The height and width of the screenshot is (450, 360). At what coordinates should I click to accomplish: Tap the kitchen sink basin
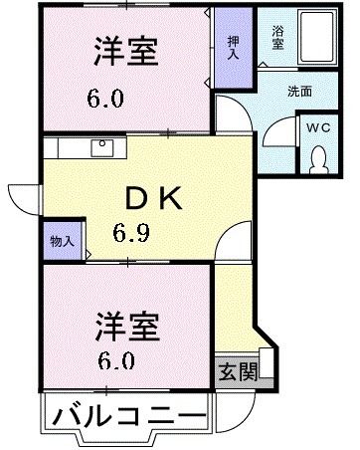(x=103, y=147)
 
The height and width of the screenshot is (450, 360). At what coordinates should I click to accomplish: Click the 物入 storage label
(x=61, y=241)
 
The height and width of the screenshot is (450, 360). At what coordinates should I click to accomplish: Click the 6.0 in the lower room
(x=115, y=359)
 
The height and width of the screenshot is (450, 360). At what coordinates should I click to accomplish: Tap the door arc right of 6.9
(x=236, y=243)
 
